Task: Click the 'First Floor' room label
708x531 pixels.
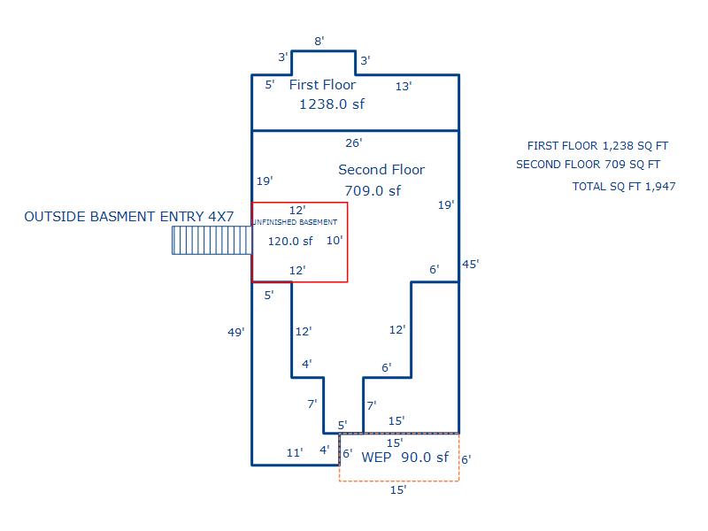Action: (x=322, y=85)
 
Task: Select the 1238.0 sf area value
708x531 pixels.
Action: (x=332, y=104)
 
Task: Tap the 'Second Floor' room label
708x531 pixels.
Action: (x=381, y=170)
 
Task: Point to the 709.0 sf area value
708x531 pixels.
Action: (x=373, y=190)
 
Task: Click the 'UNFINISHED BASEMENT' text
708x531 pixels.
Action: (x=295, y=222)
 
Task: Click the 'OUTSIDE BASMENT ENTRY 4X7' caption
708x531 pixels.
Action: (x=129, y=216)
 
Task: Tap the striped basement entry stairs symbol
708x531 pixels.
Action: (x=212, y=241)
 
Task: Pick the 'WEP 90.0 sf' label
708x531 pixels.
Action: (x=404, y=458)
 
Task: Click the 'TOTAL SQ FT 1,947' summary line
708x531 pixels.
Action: (x=624, y=187)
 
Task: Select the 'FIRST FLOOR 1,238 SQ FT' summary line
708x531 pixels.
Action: (x=597, y=146)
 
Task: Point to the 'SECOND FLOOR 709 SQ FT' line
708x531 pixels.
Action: (x=588, y=165)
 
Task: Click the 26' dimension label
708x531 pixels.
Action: (x=354, y=142)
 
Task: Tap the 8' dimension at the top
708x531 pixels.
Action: (x=319, y=41)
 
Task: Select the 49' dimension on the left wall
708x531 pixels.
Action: (x=235, y=333)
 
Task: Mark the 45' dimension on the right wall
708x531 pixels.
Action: (x=471, y=264)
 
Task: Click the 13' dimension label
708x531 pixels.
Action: (x=404, y=87)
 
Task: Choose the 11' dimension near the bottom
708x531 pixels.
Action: (x=295, y=452)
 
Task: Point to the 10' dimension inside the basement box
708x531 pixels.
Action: (x=334, y=240)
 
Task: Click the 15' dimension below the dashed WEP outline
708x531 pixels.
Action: (x=398, y=490)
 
